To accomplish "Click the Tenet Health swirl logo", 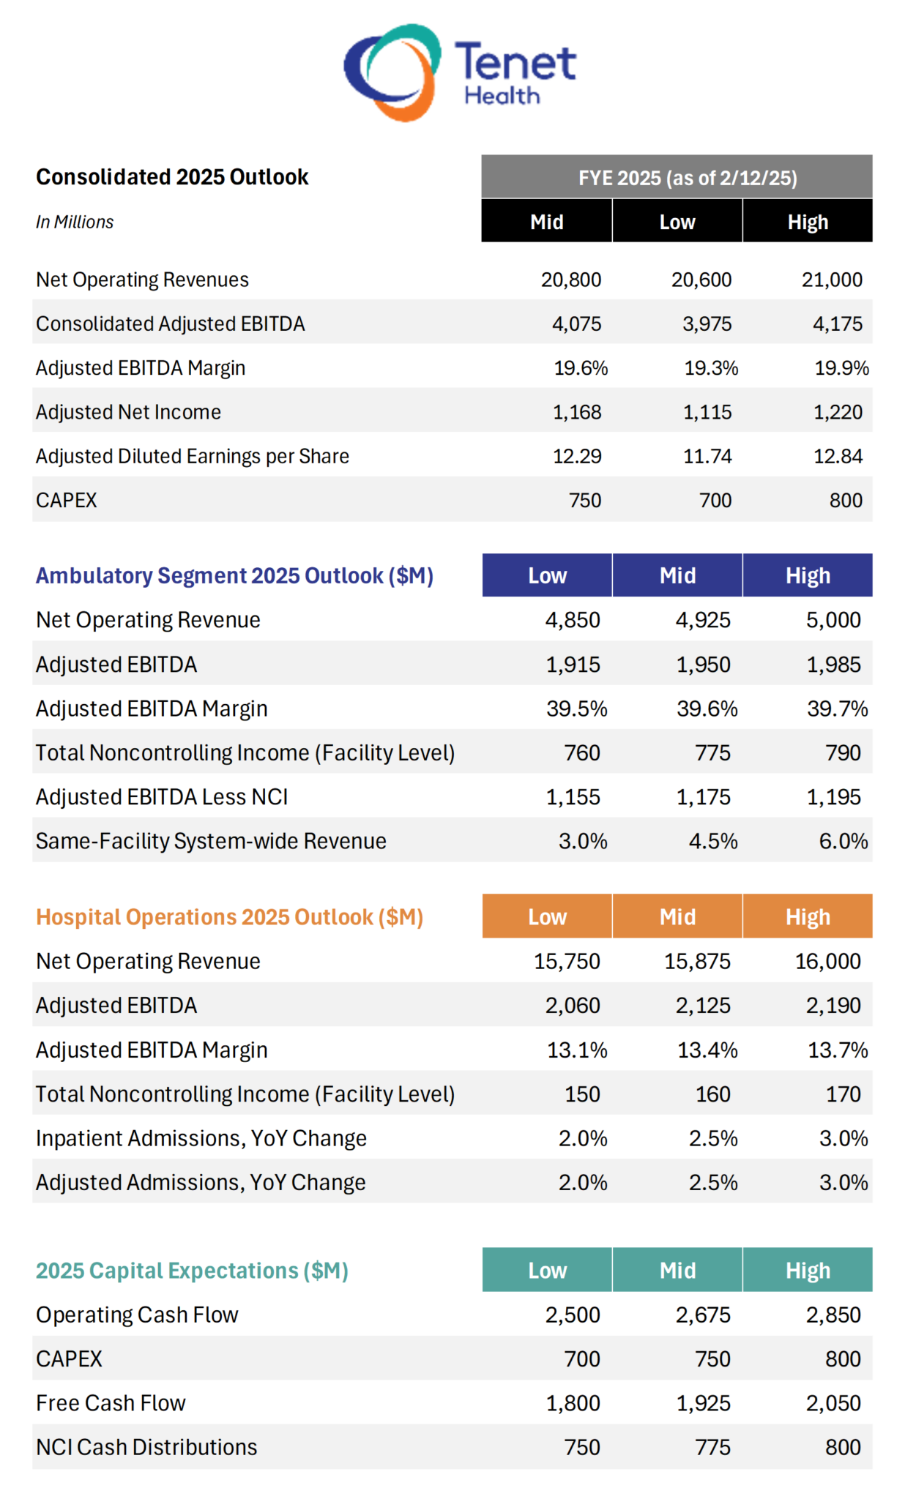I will [392, 72].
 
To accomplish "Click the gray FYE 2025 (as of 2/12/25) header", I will [676, 177].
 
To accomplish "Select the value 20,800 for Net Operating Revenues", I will [570, 280].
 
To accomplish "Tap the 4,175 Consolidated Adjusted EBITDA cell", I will [837, 324].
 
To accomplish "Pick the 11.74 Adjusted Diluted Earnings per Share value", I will [707, 456].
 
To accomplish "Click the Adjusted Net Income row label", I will [128, 412].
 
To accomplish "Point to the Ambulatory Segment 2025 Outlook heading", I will [234, 576].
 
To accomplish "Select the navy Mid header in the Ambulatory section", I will [677, 576].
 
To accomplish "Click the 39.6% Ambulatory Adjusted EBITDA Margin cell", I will [707, 709].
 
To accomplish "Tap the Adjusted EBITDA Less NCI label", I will [162, 797].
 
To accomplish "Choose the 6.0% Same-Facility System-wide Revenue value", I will [843, 841].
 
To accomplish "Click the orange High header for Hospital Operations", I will [807, 916].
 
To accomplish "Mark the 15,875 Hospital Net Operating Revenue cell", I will [696, 961].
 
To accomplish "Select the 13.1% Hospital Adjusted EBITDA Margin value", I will [577, 1050].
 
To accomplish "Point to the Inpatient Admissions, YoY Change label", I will [201, 1138].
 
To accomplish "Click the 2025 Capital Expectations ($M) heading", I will [192, 1271].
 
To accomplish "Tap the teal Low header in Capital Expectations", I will [547, 1271].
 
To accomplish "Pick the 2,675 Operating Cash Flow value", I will [702, 1315].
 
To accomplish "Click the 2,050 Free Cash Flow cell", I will [833, 1403].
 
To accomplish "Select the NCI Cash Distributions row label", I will [146, 1447].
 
